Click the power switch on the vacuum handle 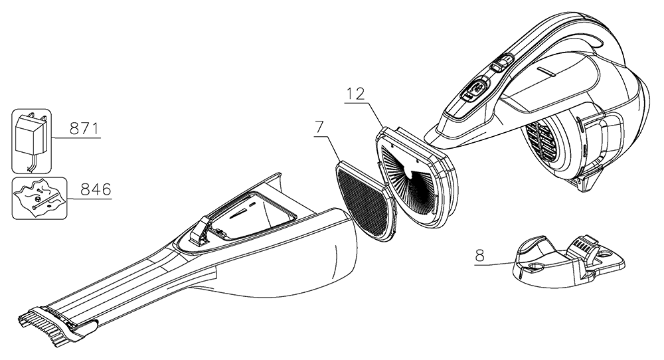coord(477,89)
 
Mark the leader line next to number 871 coord(75,138)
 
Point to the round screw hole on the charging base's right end coord(606,254)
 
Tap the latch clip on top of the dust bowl coord(199,228)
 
